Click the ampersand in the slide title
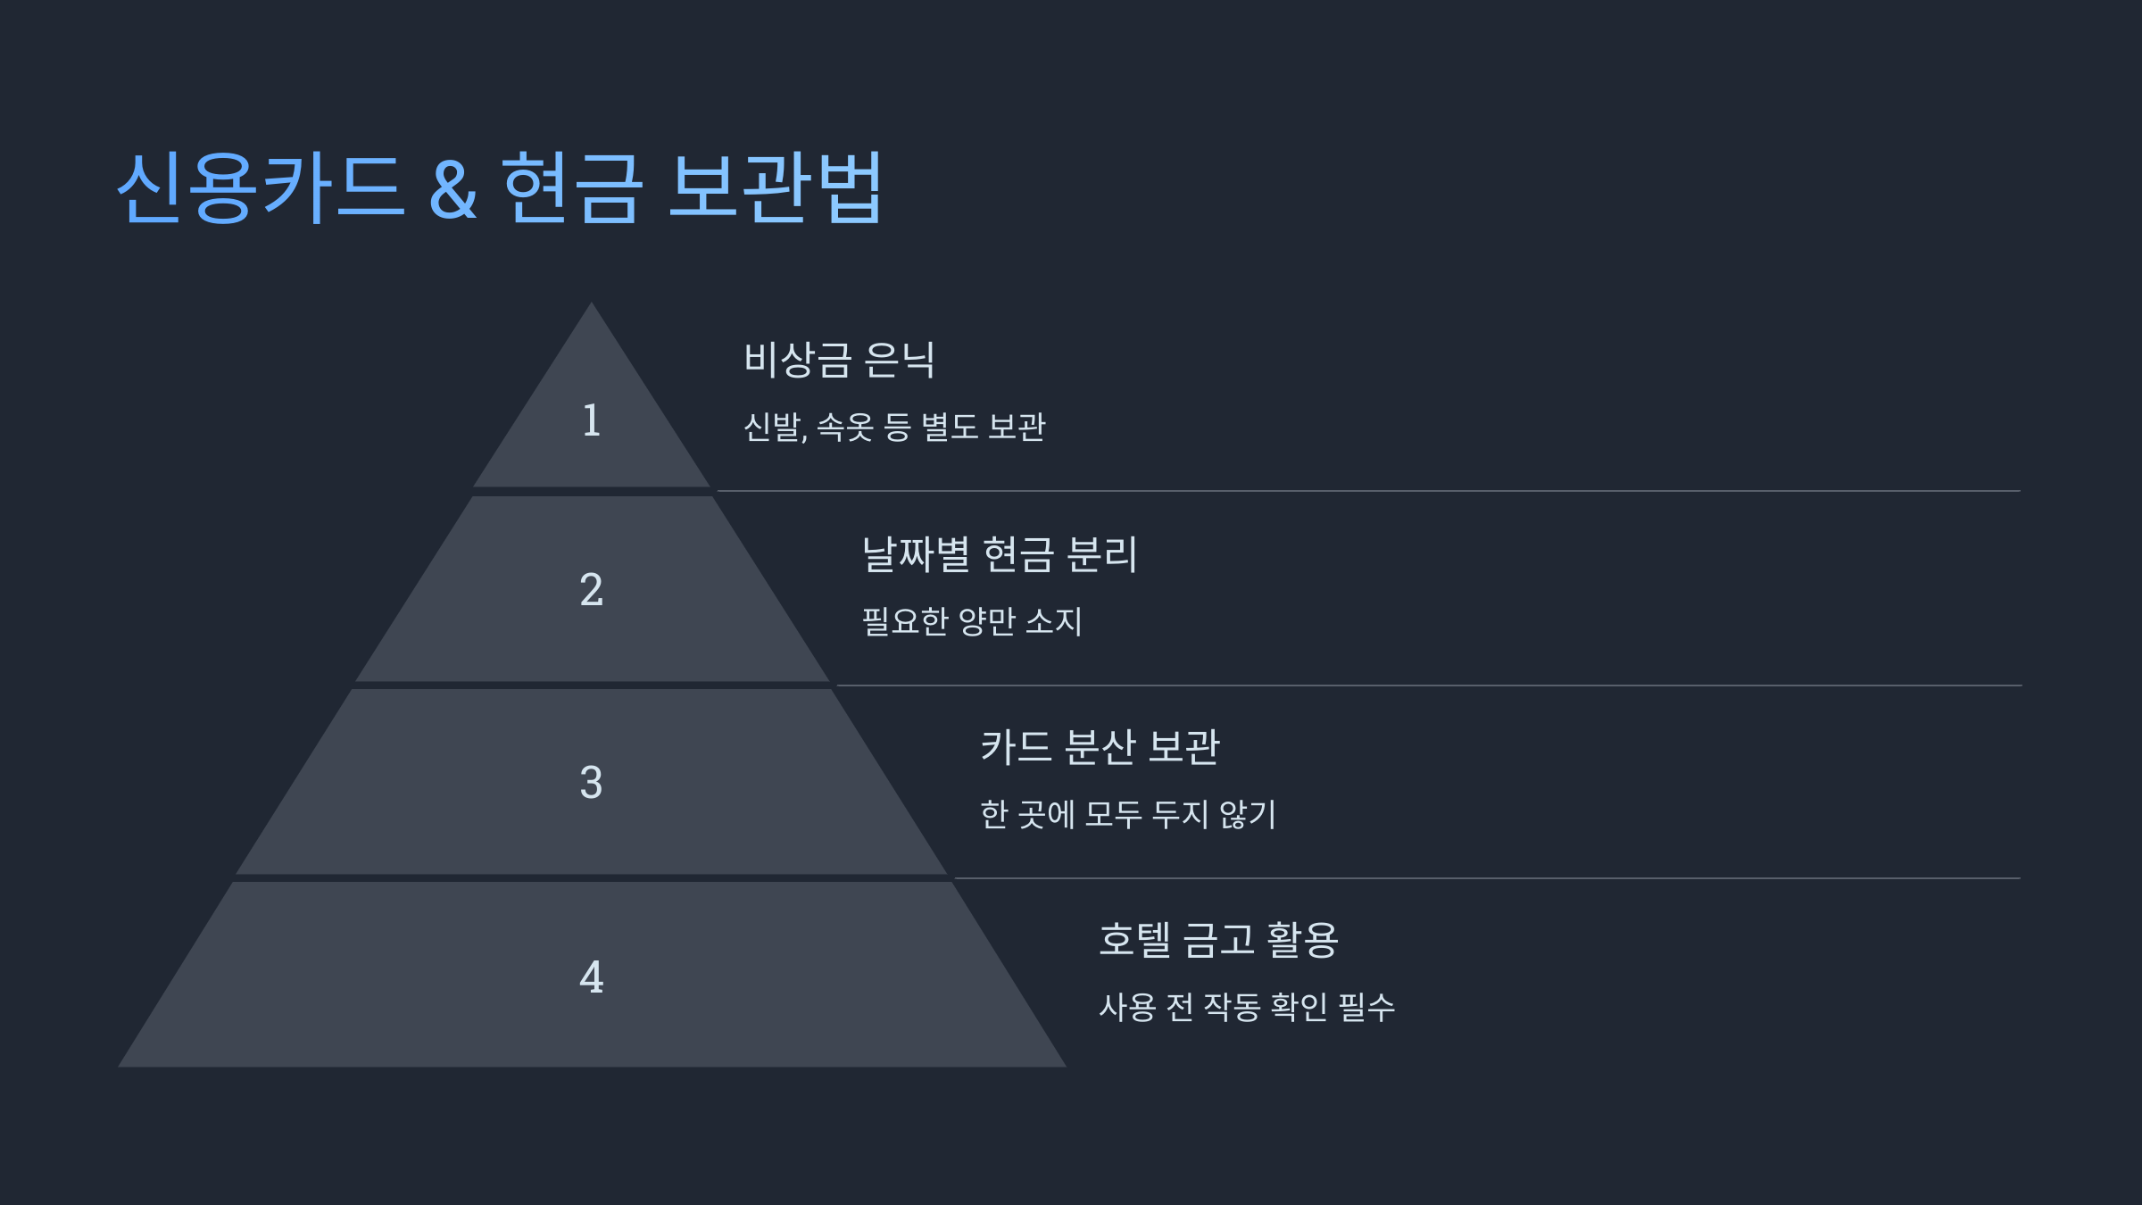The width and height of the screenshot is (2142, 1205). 453,189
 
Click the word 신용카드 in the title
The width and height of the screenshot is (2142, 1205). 261,187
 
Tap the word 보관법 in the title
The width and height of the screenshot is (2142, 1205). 776,187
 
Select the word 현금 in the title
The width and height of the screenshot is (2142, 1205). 572,187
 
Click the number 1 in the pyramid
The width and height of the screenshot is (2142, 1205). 591,420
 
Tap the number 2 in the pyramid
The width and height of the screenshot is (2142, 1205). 591,590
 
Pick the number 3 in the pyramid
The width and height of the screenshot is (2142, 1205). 591,783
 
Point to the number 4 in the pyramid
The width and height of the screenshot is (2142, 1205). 591,976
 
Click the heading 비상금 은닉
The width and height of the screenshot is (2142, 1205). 839,360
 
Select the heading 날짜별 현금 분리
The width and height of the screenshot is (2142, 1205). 1000,554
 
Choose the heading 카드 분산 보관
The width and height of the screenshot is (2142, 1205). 1100,747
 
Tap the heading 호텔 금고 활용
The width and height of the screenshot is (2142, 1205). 1218,940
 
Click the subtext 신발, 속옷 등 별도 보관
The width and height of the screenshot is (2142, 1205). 894,427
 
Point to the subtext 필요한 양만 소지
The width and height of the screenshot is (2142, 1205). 972,621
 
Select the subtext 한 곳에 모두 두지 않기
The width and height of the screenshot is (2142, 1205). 1128,814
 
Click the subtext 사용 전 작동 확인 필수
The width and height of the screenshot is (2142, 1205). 1247,1007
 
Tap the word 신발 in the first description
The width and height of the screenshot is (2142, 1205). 773,427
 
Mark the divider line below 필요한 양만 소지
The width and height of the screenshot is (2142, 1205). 1428,686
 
